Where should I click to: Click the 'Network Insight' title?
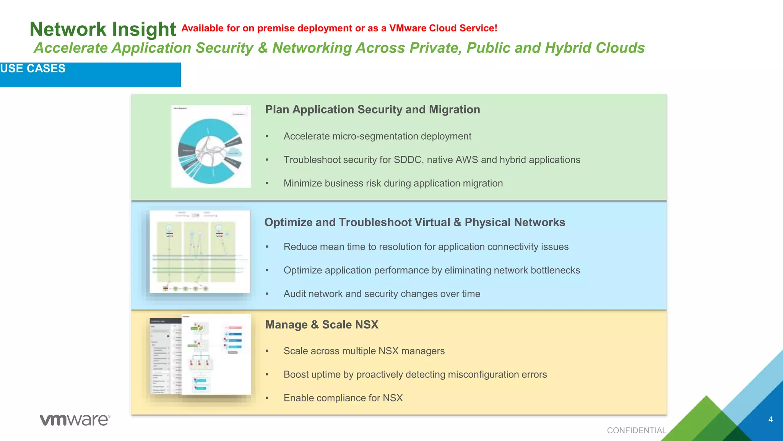(102, 29)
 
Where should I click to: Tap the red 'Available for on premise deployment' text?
(339, 28)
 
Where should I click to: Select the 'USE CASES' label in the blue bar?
(33, 69)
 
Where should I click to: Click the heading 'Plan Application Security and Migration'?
(372, 109)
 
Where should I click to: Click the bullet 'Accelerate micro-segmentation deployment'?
(377, 136)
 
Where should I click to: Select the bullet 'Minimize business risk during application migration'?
(393, 183)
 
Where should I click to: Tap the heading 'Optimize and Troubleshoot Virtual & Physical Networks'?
(414, 222)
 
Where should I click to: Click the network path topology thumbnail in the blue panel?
(200, 252)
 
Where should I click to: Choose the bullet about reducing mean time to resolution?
(426, 247)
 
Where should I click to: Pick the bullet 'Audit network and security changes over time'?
(382, 294)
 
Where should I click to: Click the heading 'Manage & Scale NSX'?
(322, 325)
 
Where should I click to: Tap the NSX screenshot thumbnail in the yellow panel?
(201, 355)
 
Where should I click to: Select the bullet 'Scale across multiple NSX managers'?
(364, 351)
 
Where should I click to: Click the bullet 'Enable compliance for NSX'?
(343, 398)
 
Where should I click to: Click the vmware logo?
(75, 420)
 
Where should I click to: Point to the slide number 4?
(770, 420)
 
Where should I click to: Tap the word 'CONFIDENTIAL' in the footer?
(636, 430)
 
